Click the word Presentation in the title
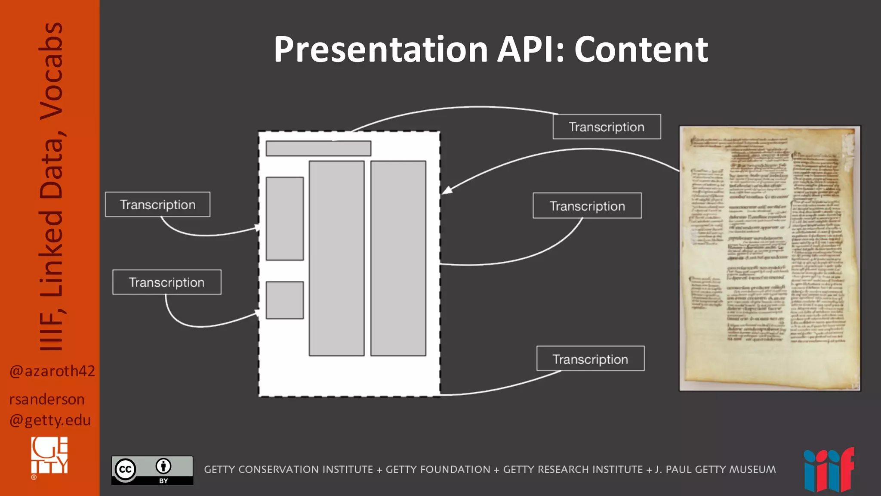coord(381,50)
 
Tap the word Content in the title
coord(641,50)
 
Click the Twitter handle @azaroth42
coord(52,371)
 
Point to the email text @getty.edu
coord(50,420)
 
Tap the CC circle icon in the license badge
coord(125,469)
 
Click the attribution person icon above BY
coord(163,466)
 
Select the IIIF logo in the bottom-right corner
coord(829,470)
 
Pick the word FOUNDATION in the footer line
coord(438,469)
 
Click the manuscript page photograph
coord(770,258)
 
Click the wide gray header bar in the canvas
coord(318,148)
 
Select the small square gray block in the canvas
coord(285,300)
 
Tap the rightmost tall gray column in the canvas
coord(398,258)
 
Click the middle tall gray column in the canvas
coord(336,258)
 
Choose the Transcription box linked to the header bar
coord(607,127)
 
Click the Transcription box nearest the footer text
coord(590,359)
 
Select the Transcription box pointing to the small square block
coord(167,282)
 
